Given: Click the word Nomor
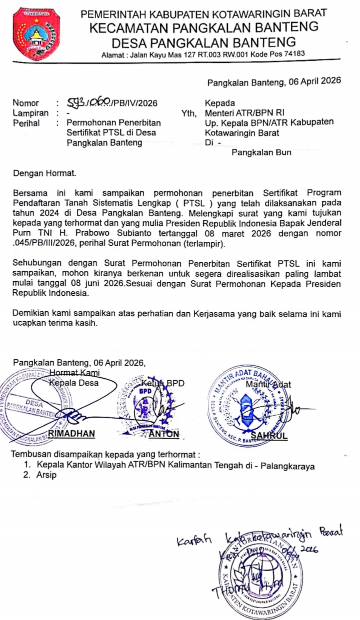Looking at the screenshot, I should [25, 103].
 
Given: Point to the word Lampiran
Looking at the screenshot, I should [30, 113].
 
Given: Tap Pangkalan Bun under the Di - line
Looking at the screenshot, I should [261, 152].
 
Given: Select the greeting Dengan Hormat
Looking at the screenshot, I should [44, 174].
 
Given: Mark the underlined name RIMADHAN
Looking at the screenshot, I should [72, 434].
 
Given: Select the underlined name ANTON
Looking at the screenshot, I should [164, 434].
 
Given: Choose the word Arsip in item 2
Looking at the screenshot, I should [46, 476].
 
